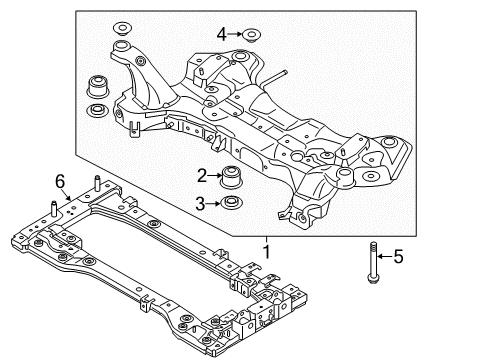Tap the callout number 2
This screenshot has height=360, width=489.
pyautogui.click(x=202, y=176)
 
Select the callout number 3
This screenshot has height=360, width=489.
pyautogui.click(x=202, y=205)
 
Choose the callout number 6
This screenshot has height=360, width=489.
pyautogui.click(x=60, y=179)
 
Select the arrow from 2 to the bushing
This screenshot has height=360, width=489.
pyautogui.click(x=216, y=177)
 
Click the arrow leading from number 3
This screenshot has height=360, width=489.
pyautogui.click(x=216, y=205)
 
